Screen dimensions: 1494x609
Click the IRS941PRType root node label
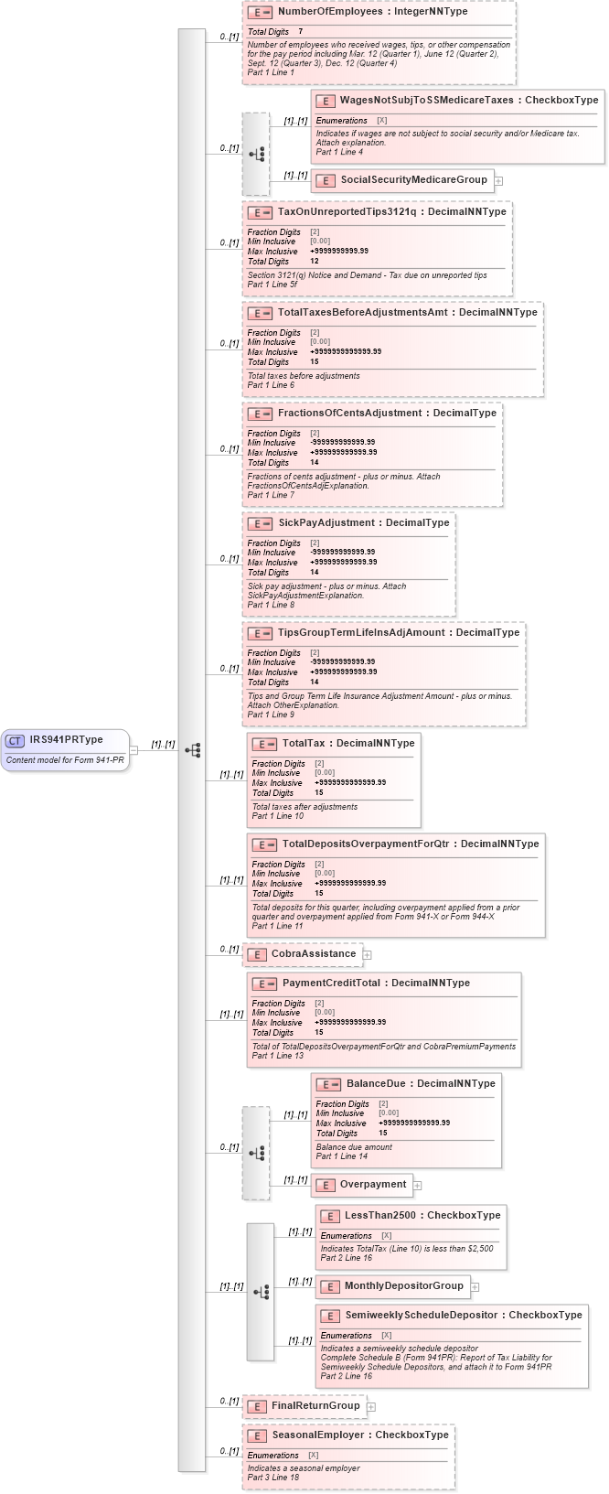[x=66, y=739]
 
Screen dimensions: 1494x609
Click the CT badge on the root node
[x=15, y=740]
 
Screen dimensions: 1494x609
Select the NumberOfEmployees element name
[x=322, y=11]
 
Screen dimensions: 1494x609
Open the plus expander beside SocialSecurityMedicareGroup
[x=498, y=181]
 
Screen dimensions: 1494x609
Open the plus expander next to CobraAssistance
[x=367, y=955]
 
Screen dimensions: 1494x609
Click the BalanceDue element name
[x=376, y=1083]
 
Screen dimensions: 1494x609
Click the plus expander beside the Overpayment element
[x=417, y=1186]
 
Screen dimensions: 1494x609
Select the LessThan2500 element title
[x=383, y=1215]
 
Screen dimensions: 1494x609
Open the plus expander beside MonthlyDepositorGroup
[x=475, y=1287]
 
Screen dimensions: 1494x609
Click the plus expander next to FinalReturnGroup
[x=370, y=1407]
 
